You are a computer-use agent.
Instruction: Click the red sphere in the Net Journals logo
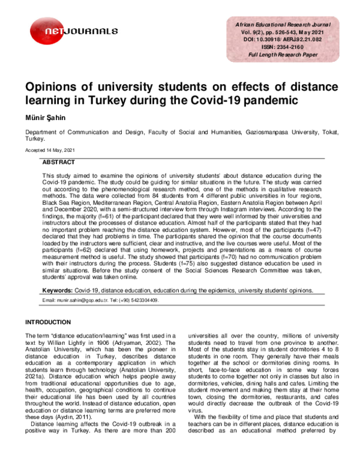click(44, 30)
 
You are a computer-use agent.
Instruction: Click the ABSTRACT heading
click(58, 163)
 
